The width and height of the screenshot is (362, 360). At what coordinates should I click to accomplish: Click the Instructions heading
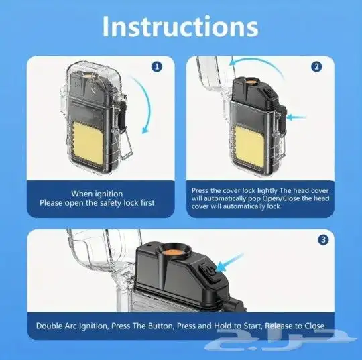click(180, 27)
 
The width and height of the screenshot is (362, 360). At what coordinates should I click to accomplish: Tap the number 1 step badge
click(157, 67)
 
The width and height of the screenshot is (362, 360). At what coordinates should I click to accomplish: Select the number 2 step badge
click(316, 67)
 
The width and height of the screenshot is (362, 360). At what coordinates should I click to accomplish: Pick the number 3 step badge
click(323, 240)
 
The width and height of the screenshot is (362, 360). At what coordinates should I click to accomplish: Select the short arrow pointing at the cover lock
click(296, 117)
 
